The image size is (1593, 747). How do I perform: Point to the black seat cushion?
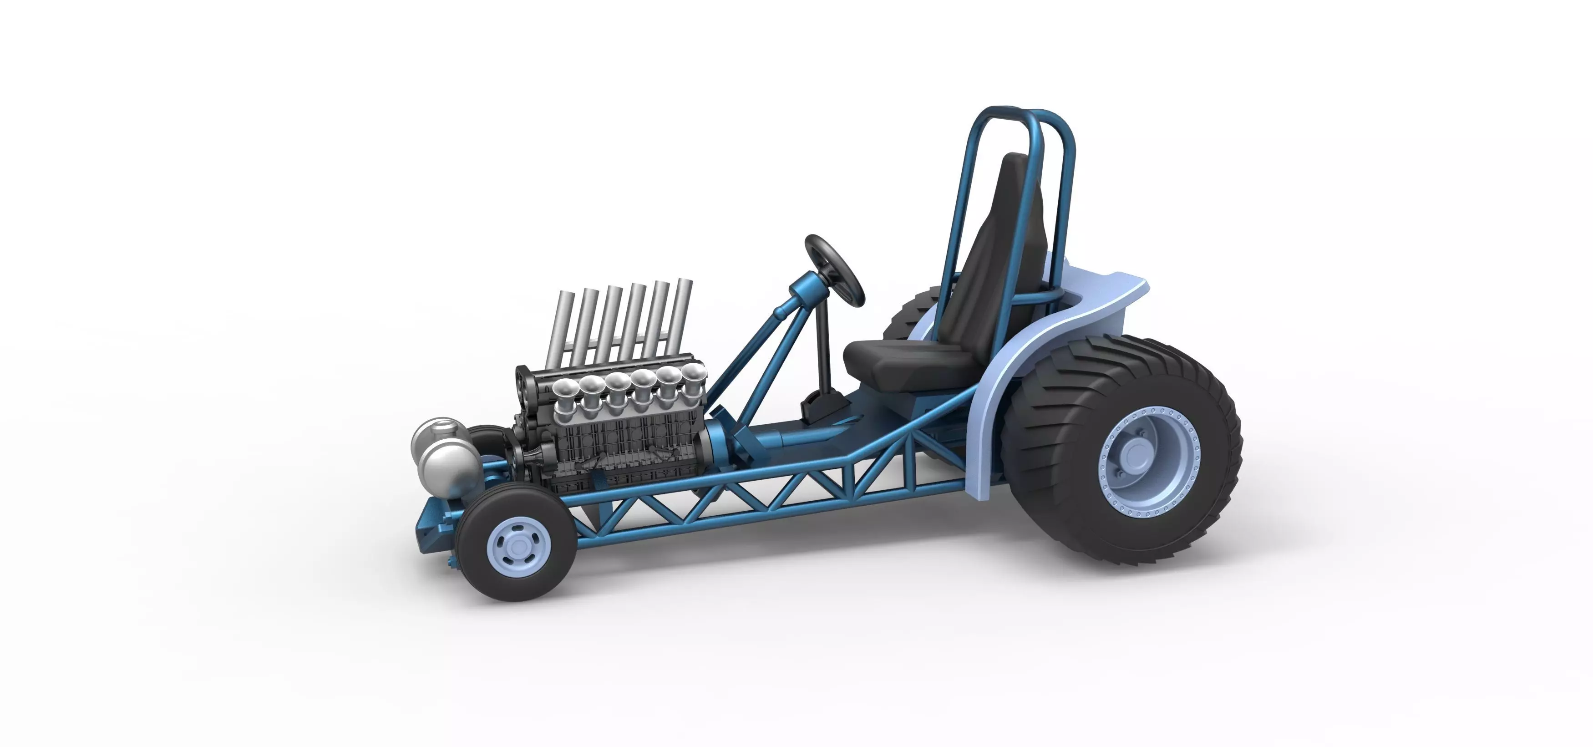pyautogui.click(x=897, y=362)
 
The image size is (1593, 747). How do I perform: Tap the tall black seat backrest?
pyautogui.click(x=989, y=247)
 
